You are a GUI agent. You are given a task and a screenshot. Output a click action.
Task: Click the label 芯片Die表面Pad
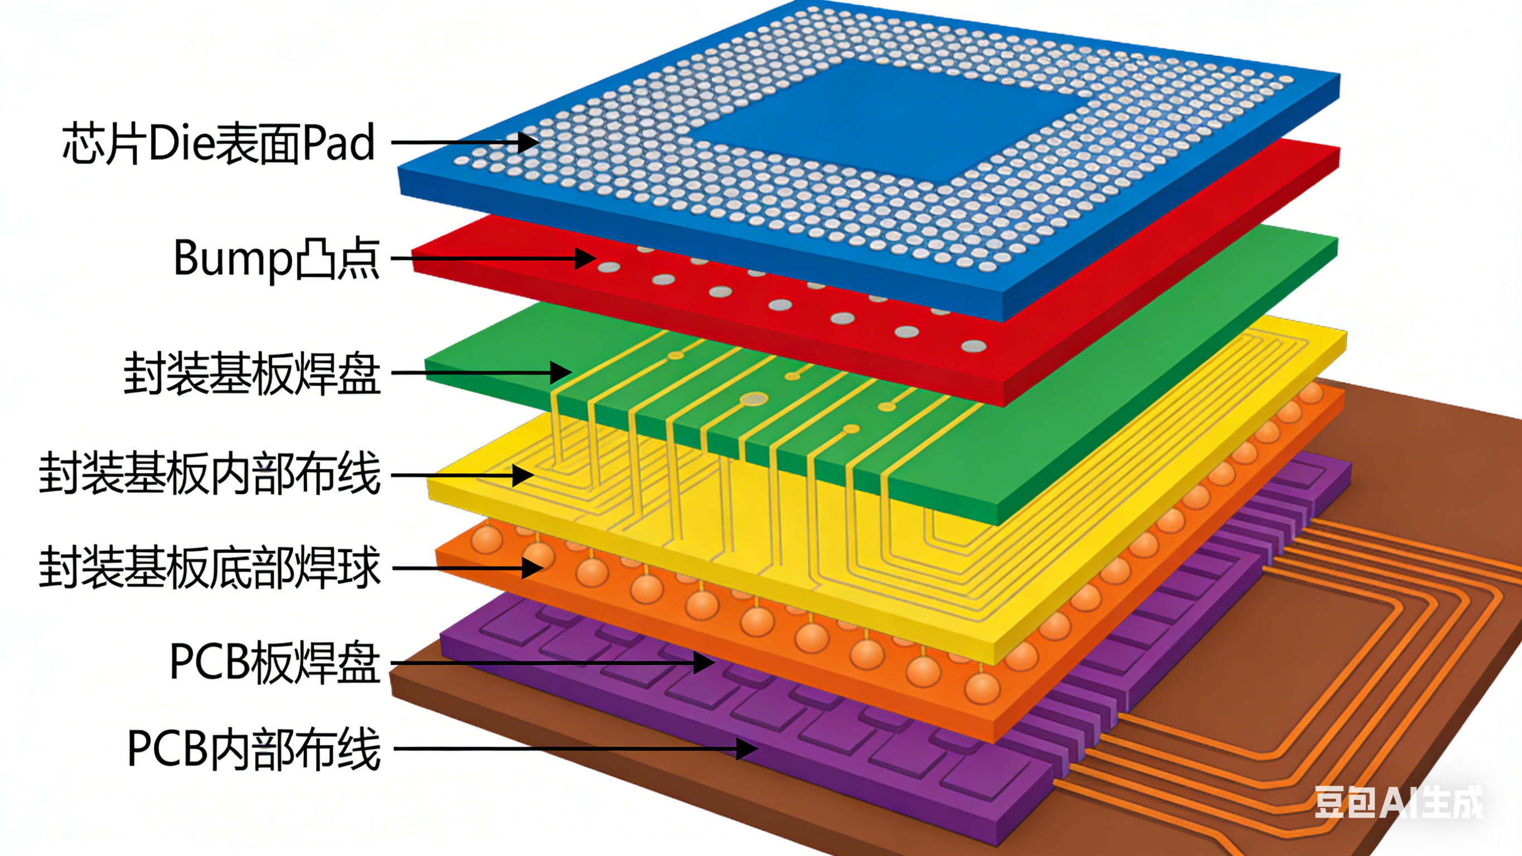tap(219, 143)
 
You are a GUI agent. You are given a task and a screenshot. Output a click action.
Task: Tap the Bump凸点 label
tap(276, 258)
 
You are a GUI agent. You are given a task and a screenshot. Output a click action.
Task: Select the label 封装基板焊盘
tap(251, 373)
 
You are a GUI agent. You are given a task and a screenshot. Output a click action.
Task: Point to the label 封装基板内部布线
tap(210, 474)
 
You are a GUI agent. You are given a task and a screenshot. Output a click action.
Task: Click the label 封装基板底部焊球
tap(210, 568)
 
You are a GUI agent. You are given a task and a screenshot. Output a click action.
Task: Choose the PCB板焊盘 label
tap(274, 662)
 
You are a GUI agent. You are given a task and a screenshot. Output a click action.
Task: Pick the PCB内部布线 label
tap(254, 749)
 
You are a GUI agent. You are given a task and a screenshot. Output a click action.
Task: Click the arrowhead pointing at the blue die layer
tap(528, 142)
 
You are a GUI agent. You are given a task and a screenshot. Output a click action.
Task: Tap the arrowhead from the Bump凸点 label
tap(585, 258)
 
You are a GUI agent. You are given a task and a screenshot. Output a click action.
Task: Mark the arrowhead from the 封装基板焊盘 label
tap(560, 373)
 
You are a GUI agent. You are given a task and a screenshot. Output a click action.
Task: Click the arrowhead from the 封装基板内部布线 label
tap(522, 475)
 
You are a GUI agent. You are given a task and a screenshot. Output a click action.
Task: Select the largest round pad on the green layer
tap(754, 400)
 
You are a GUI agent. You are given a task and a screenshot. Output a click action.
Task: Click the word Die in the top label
tap(180, 143)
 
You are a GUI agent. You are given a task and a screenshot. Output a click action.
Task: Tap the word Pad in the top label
tap(338, 143)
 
